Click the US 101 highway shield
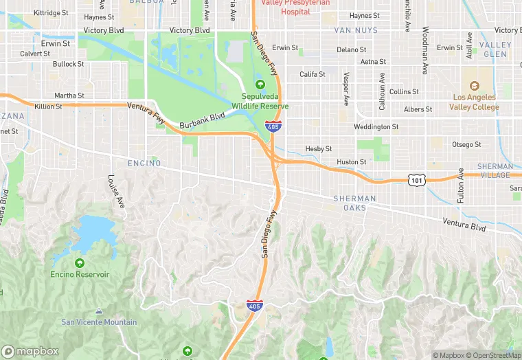click(x=418, y=180)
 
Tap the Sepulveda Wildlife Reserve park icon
click(x=260, y=85)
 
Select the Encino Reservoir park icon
click(x=80, y=263)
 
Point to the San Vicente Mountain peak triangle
click(x=99, y=311)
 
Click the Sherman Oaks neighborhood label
click(x=354, y=203)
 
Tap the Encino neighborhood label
click(x=144, y=164)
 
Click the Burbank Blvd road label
click(x=202, y=122)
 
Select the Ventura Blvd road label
click(x=464, y=227)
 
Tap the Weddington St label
click(x=376, y=127)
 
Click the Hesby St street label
click(x=319, y=148)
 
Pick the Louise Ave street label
click(x=117, y=192)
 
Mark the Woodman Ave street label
click(x=425, y=50)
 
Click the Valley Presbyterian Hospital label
click(x=296, y=8)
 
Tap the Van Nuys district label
click(x=356, y=31)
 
